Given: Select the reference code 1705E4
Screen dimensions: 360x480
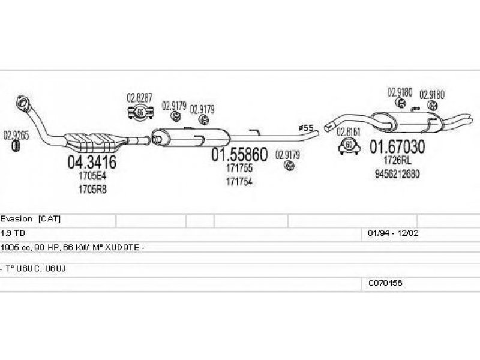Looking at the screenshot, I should pos(91,176).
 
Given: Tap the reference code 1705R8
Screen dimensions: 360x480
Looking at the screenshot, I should pos(91,190).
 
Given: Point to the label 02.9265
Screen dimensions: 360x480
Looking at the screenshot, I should pos(16,135).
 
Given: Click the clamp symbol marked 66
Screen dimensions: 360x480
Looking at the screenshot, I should pos(139,112).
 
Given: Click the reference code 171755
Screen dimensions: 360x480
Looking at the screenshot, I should pos(239,169).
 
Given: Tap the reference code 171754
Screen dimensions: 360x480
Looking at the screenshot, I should pos(239,181).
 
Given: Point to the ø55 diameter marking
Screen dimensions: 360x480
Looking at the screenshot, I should pos(306,128).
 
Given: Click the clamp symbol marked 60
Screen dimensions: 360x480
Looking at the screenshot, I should pos(349,145).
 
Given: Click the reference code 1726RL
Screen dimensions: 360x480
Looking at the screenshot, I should pos(397,161).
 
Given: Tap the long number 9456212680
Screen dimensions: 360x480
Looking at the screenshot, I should pos(397,174).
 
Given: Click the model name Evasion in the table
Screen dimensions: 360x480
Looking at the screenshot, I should pos(17,219).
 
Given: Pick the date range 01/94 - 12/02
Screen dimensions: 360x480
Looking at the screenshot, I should pos(389,232).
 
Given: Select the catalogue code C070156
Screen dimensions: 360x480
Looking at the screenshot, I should pos(385,281).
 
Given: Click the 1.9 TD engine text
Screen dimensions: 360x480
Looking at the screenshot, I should pos(11,232).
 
